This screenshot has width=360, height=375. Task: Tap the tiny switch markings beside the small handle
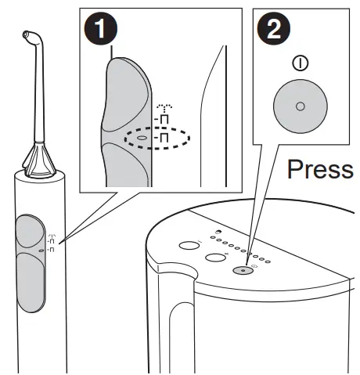click(52, 244)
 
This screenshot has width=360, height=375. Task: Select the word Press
click(320, 170)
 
